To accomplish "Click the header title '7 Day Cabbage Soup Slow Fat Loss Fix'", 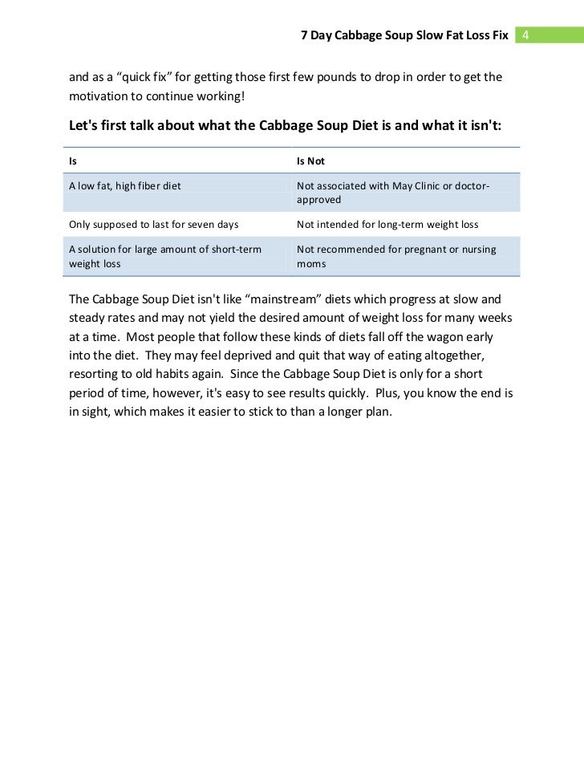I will click(404, 36).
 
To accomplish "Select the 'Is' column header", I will click(73, 161).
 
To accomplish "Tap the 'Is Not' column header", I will click(310, 161).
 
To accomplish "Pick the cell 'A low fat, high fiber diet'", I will click(125, 186).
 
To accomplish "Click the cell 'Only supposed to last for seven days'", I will click(148, 225).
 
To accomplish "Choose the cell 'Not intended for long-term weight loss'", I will click(387, 225).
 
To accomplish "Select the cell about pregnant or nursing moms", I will click(396, 256).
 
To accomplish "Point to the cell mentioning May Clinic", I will click(393, 193).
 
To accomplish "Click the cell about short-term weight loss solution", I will click(164, 256).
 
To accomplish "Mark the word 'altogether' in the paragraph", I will click(458, 355).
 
